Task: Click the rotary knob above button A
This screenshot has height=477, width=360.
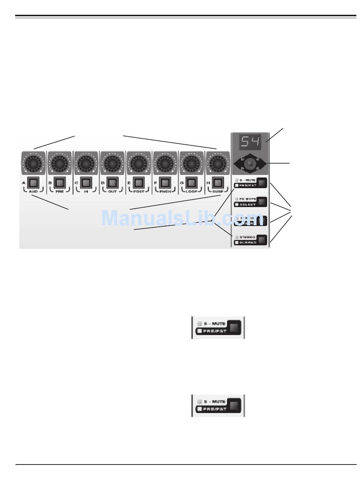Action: click(x=33, y=163)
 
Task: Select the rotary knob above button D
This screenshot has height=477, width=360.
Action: click(x=112, y=163)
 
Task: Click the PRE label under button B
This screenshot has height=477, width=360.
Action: click(x=59, y=192)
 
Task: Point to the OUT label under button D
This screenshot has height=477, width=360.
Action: click(x=112, y=192)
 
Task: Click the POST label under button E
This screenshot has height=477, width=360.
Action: click(x=139, y=192)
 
